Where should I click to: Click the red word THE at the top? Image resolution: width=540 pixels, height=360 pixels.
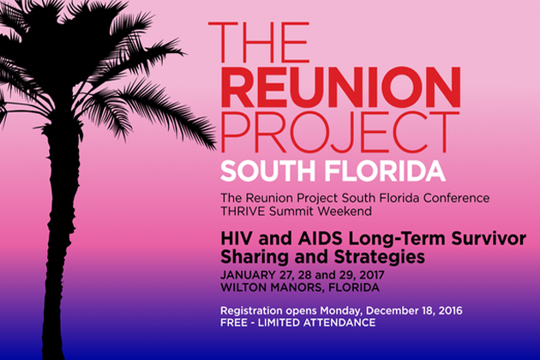[x=258, y=42]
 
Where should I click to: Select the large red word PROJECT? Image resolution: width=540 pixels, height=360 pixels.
[x=339, y=133]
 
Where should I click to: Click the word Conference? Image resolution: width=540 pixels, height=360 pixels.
[x=456, y=198]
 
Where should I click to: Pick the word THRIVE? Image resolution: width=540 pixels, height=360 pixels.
[x=243, y=211]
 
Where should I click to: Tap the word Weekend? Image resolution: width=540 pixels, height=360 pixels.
[x=345, y=211]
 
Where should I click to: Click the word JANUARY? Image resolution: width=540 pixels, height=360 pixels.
[x=248, y=275]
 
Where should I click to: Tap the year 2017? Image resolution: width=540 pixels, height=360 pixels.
[x=371, y=275]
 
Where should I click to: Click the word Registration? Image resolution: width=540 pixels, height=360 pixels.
[x=251, y=311]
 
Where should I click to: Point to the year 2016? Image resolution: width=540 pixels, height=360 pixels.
[x=449, y=311]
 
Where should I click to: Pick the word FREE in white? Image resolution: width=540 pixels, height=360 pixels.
[x=234, y=323]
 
